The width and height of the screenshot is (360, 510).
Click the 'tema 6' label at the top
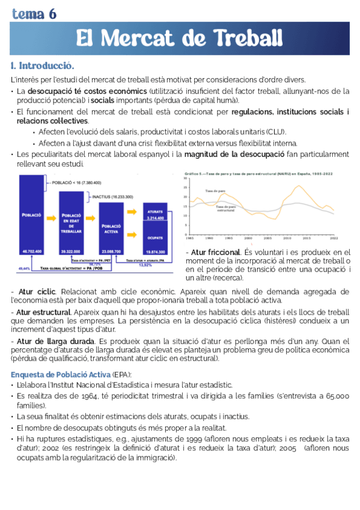pyautogui.click(x=34, y=14)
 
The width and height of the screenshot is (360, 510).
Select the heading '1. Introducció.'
pyautogui.click(x=42, y=65)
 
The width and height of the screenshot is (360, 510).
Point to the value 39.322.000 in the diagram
pyautogui.click(x=71, y=251)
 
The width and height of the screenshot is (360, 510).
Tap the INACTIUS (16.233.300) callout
pyautogui.click(x=113, y=197)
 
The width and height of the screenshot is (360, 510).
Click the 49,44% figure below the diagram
pyautogui.click(x=25, y=268)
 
